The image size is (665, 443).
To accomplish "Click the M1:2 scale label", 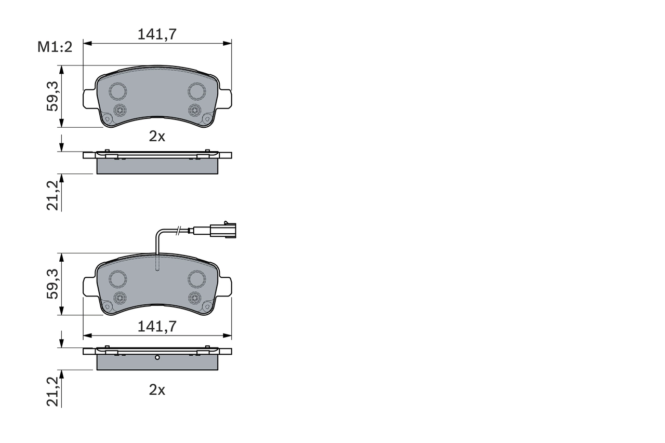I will tap(54, 47).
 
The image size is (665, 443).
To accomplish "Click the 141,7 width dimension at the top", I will tap(157, 34).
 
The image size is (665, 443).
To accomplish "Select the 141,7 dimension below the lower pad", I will tap(157, 326).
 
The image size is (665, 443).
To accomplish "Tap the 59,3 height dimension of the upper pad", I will tap(53, 97).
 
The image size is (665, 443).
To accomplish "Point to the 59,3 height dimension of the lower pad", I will tap(53, 284).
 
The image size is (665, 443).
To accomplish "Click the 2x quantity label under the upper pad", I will tap(157, 136).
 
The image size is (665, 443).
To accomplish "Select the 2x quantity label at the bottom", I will tap(157, 390).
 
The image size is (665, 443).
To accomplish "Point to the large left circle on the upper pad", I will tap(118, 91).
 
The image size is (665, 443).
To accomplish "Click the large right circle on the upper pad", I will tap(197, 91).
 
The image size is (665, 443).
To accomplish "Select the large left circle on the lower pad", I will tap(118, 279).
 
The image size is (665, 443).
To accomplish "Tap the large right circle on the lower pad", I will tap(197, 279).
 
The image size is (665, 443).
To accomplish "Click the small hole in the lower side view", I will tap(157, 357).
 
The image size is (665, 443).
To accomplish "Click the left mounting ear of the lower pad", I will tap(89, 286).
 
